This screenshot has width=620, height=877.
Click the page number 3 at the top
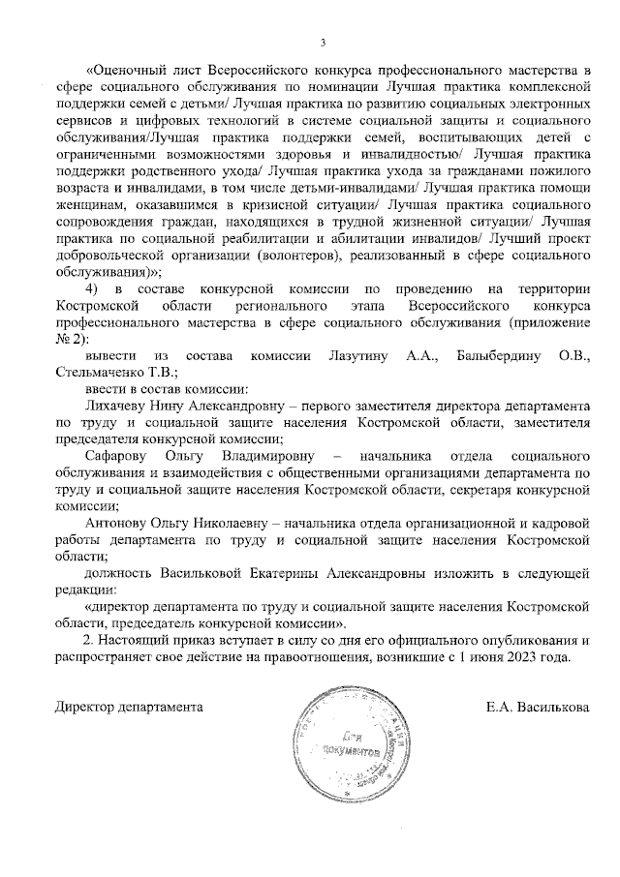tap(324, 41)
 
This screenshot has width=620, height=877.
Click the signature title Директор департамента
tap(128, 707)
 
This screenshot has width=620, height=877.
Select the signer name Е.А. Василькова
tap(538, 707)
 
